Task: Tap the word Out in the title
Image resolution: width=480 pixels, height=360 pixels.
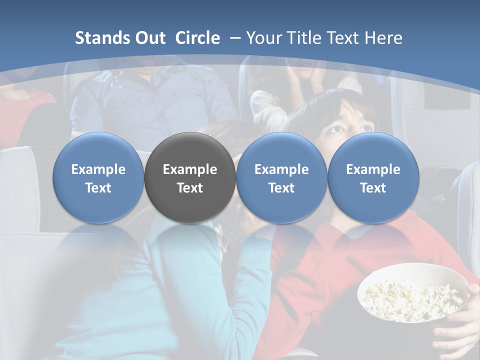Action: click(147, 38)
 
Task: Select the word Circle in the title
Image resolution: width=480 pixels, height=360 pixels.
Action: click(197, 38)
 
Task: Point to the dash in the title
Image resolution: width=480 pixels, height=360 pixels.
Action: click(235, 38)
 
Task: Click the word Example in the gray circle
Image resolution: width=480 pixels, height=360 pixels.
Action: click(190, 169)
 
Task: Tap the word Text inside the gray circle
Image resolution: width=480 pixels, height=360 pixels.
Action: click(190, 188)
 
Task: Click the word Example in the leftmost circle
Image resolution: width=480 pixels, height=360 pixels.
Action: click(98, 169)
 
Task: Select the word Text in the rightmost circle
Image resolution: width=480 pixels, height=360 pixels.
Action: click(373, 188)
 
